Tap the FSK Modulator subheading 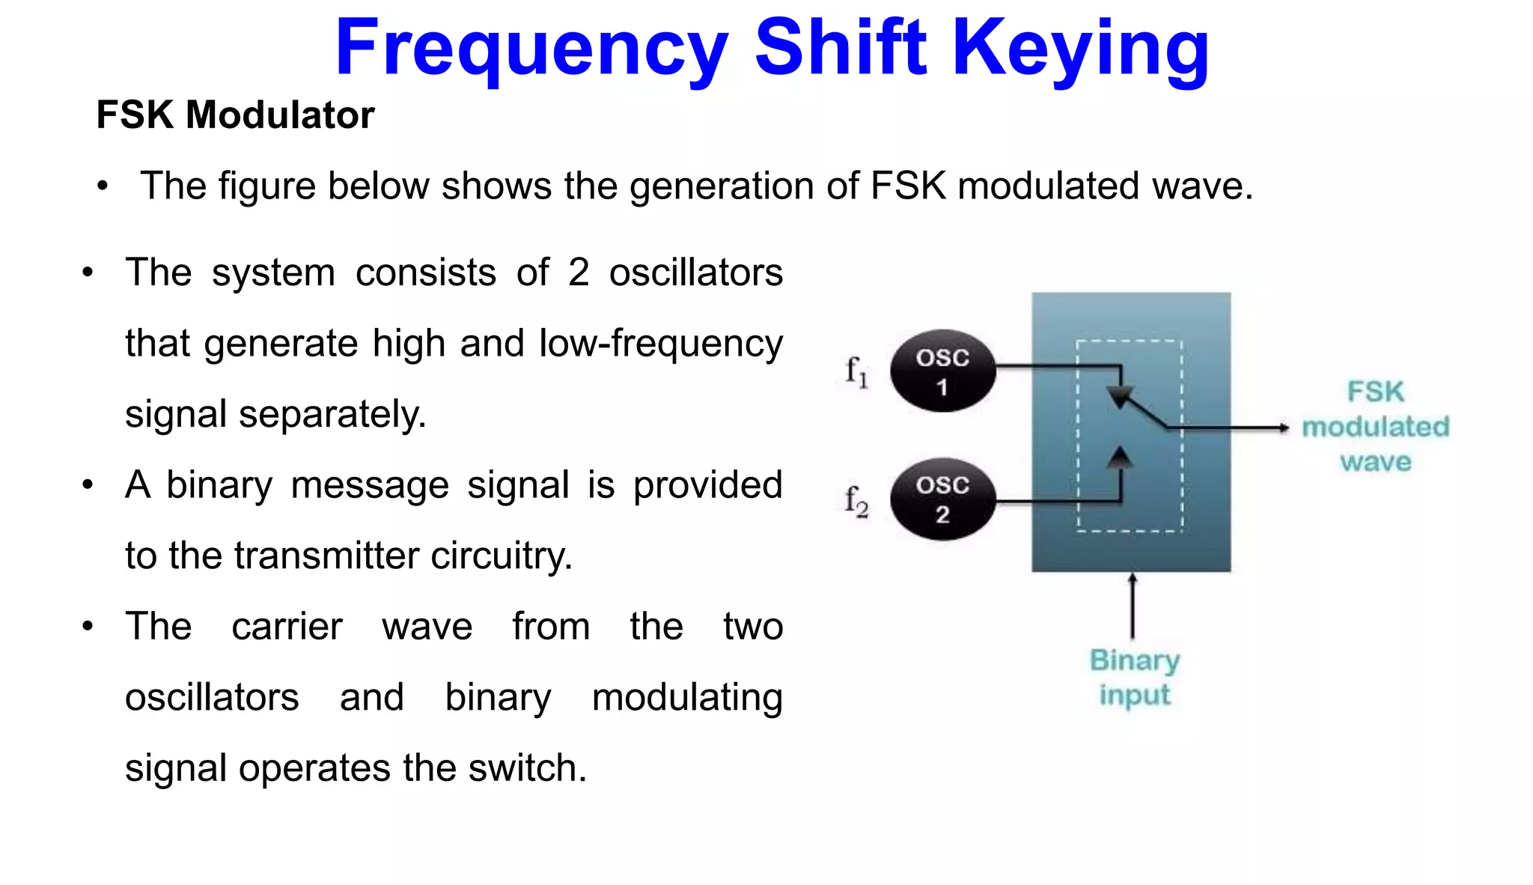[x=235, y=115]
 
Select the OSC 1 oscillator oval [x=942, y=371]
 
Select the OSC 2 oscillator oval [x=942, y=499]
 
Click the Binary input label [x=1134, y=678]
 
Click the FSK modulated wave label [x=1375, y=427]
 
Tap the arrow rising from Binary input [x=1133, y=606]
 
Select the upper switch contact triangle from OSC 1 [x=1120, y=396]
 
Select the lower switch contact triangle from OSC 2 [x=1119, y=457]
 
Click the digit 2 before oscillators [x=578, y=273]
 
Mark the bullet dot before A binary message [x=88, y=485]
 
